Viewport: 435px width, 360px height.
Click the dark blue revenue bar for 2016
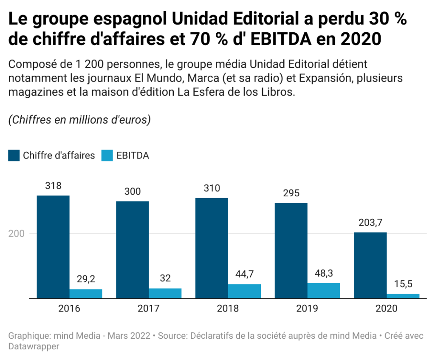point(53,247)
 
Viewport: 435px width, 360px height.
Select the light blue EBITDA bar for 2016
point(86,294)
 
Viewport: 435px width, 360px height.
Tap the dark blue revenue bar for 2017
point(132,249)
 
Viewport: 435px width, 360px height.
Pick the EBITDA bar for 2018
point(244,291)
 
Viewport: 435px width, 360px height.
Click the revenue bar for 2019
point(291,250)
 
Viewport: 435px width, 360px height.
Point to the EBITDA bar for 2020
point(403,296)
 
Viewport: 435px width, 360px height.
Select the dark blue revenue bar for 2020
point(370,265)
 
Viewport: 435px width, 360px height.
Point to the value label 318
point(53,186)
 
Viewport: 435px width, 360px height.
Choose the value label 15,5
point(403,284)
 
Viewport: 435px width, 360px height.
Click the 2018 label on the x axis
point(228,309)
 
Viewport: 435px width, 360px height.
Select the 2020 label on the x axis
point(386,309)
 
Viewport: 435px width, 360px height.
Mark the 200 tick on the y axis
point(17,234)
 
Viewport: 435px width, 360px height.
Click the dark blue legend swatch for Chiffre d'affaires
point(14,156)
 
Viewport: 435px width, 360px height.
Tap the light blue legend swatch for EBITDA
point(107,156)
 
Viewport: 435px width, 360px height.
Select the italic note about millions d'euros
point(79,120)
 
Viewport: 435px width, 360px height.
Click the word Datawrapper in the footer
point(34,346)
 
